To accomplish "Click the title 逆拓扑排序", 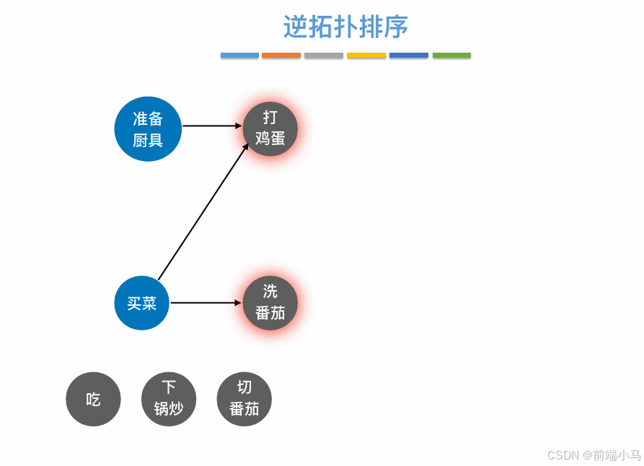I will tap(345, 27).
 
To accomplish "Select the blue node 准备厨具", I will tap(148, 129).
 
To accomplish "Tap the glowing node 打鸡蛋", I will tap(270, 128).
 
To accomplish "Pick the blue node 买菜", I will tap(142, 303).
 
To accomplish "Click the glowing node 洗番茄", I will tap(270, 302).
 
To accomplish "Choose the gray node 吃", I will tap(93, 399).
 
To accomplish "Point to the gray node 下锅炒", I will tap(169, 399).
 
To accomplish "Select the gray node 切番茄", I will tap(244, 399).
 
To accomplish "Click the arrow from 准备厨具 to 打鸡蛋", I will tap(212, 126).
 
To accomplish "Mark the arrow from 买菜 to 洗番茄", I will tap(206, 303).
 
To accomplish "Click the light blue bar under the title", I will tap(239, 56).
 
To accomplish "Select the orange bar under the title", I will tap(281, 56).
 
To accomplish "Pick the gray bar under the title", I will tap(324, 56).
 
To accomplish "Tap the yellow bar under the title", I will tap(366, 56).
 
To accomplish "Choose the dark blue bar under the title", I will tap(409, 56).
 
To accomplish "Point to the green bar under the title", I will tap(451, 56).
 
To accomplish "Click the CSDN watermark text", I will tap(594, 455).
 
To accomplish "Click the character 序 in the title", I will tap(396, 27).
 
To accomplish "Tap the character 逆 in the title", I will tap(296, 27).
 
